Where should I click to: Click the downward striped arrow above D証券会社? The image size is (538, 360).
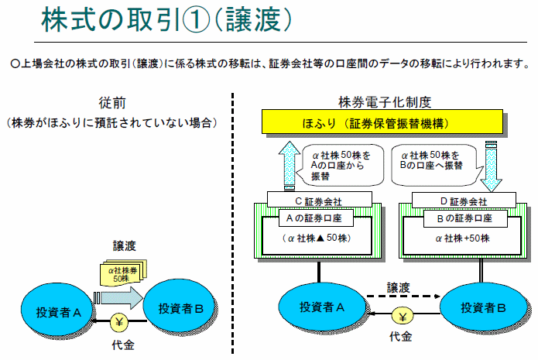coord(489,165)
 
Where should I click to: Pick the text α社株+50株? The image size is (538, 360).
coord(458,239)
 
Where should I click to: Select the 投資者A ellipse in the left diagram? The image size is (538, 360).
coord(58,310)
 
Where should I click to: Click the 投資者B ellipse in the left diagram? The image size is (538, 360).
coord(180,308)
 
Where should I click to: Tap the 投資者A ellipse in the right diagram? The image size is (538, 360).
coord(321,307)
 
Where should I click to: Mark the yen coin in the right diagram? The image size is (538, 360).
coord(400,317)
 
